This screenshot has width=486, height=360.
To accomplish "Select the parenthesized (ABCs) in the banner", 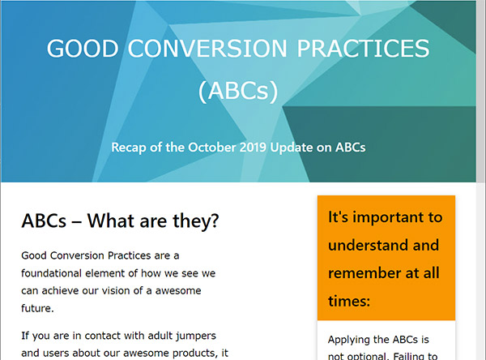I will [x=238, y=91].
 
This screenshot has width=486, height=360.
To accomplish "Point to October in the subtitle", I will [x=216, y=148].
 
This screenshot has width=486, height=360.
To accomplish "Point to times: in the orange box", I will [x=349, y=301].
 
